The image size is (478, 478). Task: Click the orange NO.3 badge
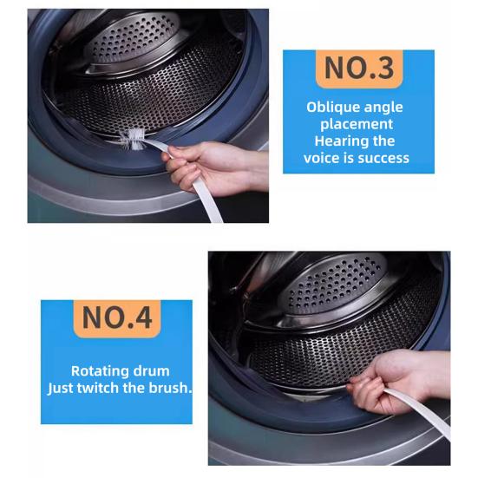(359, 69)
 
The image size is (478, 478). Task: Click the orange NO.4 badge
(117, 318)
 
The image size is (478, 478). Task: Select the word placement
(357, 124)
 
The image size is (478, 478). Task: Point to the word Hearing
(339, 141)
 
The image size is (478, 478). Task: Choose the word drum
(151, 371)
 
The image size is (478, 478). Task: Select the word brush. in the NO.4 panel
(170, 388)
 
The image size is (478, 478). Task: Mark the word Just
(61, 389)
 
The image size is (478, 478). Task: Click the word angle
(383, 108)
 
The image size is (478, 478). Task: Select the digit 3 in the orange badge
(383, 69)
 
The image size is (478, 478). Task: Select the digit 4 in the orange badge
(141, 318)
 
